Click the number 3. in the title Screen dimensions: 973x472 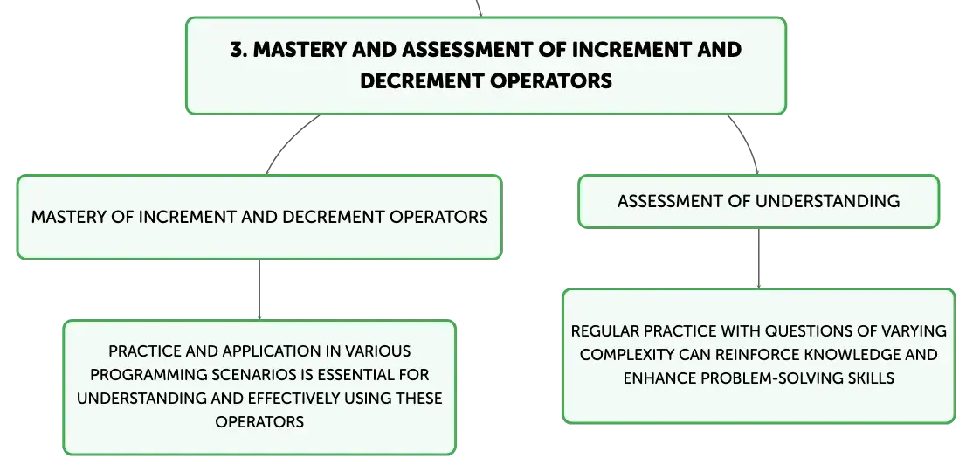pos(239,50)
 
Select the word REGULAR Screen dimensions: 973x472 pos(597,331)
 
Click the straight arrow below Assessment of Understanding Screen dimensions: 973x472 pos(758,259)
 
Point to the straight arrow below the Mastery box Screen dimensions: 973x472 pos(259,290)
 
